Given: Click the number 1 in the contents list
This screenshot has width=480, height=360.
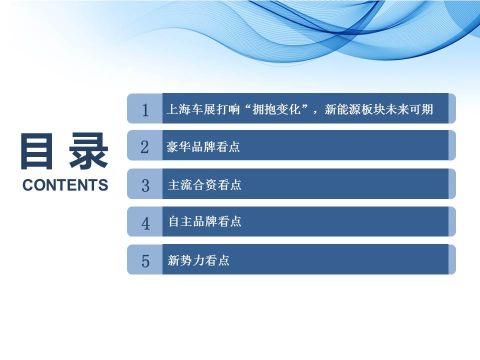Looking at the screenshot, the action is click(145, 110).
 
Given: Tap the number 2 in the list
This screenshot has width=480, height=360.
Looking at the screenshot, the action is click(145, 147).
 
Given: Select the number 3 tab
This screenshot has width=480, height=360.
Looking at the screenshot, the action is click(145, 185).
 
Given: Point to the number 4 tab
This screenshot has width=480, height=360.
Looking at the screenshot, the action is click(145, 223).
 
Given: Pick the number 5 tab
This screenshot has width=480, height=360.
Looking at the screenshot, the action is click(145, 261).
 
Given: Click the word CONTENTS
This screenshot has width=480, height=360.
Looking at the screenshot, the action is click(65, 185).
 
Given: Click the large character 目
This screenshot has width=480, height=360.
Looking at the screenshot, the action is click(36, 151).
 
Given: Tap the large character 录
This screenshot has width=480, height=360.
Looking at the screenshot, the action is click(89, 151).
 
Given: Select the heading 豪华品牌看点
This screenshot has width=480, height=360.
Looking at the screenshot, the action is click(203, 147).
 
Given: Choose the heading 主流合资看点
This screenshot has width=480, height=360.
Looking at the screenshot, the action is click(204, 185).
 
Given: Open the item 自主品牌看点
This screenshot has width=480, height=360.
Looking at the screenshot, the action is click(205, 221).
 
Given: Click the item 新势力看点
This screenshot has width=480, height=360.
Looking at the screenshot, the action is click(198, 260).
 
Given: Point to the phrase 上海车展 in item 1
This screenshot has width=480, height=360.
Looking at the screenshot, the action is click(190, 109).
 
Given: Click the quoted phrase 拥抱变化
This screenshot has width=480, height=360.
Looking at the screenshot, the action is click(276, 109).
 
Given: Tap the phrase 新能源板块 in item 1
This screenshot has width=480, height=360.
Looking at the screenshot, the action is click(354, 109).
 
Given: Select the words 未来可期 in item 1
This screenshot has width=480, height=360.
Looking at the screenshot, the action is click(409, 109).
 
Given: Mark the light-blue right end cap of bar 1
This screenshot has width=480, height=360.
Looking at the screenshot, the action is click(452, 108).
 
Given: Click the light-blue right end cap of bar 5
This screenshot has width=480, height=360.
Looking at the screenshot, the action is click(452, 259).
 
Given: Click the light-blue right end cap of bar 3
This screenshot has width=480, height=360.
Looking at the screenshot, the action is click(452, 183).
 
